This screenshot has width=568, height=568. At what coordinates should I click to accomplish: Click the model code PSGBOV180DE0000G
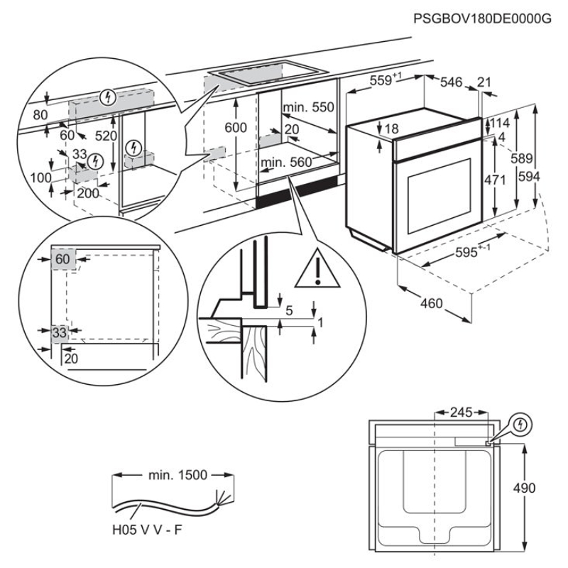482,19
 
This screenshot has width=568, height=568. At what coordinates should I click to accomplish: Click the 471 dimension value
495,180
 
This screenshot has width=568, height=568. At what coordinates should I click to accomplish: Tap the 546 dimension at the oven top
452,83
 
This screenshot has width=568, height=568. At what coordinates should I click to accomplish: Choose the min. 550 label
307,107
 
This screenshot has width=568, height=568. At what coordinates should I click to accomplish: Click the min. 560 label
286,163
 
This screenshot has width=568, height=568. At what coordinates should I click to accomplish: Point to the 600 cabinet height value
235,128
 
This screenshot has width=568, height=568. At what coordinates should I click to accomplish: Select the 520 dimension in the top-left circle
107,135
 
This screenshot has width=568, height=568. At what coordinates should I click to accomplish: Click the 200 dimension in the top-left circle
88,193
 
